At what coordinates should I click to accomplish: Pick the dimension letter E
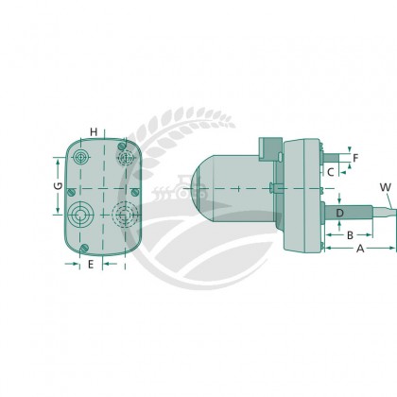(x=90, y=264)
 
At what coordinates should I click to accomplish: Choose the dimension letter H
(x=94, y=131)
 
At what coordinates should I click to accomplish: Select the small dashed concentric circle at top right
(x=122, y=157)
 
